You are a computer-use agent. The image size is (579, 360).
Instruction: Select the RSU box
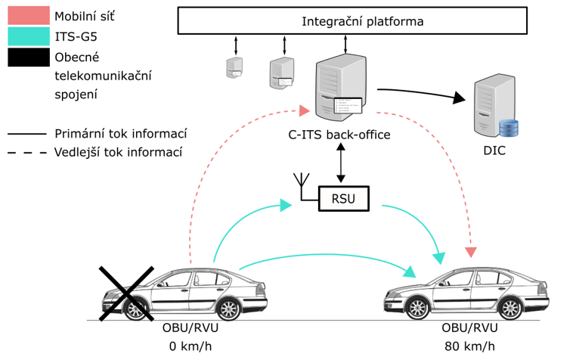click(x=342, y=199)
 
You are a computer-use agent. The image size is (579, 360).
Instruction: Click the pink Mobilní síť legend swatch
click(x=28, y=15)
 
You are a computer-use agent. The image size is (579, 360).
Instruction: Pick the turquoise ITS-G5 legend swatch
click(x=28, y=36)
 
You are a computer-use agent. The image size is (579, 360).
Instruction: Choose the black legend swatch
click(x=28, y=57)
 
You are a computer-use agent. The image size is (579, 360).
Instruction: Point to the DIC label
click(x=495, y=151)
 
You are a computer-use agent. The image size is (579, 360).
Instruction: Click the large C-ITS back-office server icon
click(x=339, y=85)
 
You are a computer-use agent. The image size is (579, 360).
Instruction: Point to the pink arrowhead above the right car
click(x=471, y=250)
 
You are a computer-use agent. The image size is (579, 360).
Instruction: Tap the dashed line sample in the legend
click(x=28, y=151)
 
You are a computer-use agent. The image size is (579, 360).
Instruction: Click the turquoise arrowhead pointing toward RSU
click(x=285, y=204)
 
